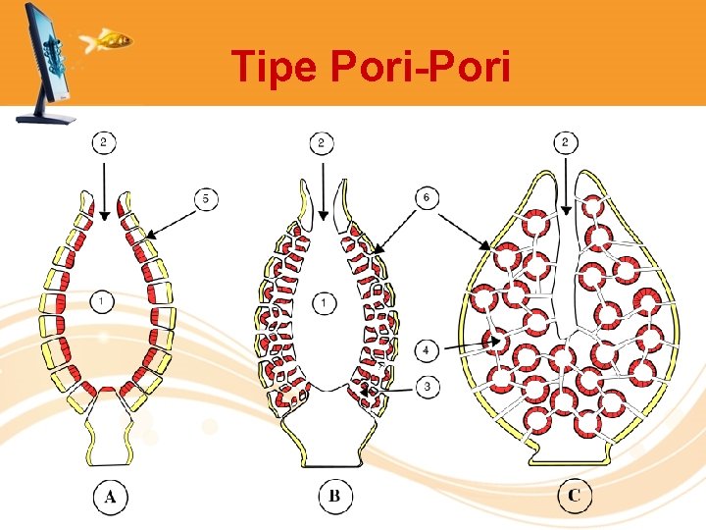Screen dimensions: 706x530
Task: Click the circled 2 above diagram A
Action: click(105, 143)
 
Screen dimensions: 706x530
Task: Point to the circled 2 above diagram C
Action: click(566, 143)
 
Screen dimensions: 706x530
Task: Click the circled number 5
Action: click(206, 199)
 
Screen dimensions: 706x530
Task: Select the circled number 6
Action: click(426, 198)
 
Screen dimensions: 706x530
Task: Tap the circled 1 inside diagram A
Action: click(105, 301)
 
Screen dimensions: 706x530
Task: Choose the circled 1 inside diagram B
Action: click(325, 302)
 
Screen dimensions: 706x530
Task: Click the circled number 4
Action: click(426, 348)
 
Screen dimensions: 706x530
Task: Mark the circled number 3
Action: click(426, 388)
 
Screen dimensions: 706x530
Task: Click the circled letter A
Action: click(110, 497)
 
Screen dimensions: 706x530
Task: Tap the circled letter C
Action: click(574, 497)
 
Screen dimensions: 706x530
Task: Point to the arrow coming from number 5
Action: click(171, 220)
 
